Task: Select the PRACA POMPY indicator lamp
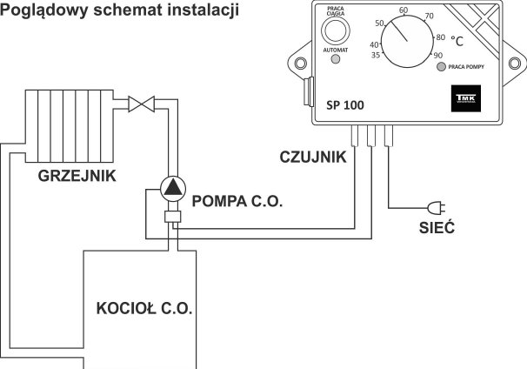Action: pyautogui.click(x=442, y=66)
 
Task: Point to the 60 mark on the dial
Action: pyautogui.click(x=404, y=10)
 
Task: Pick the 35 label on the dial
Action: pyautogui.click(x=376, y=55)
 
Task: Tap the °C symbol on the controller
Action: pyautogui.click(x=457, y=40)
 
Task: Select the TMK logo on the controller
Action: pyautogui.click(x=462, y=99)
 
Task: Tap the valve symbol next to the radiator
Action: pyautogui.click(x=140, y=104)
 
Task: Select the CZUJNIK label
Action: pyautogui.click(x=314, y=157)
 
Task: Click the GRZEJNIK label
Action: pyautogui.click(x=77, y=176)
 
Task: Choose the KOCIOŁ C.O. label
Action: pyautogui.click(x=144, y=308)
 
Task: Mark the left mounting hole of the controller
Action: pyautogui.click(x=301, y=64)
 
